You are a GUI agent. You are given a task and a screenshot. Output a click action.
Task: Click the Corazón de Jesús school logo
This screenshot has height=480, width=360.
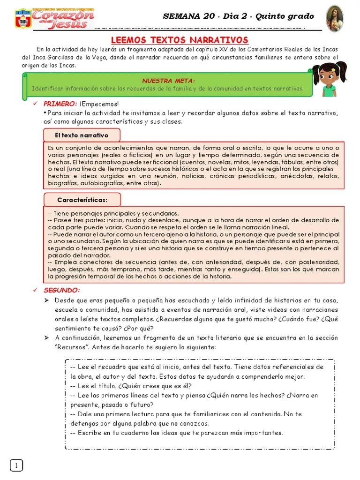point(54,19)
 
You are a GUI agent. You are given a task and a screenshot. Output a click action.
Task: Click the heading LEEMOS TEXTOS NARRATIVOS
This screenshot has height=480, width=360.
point(180,40)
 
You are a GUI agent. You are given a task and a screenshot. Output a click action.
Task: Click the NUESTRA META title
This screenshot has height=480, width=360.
point(168,81)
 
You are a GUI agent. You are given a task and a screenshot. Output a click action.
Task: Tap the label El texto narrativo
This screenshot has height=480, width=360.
point(82,135)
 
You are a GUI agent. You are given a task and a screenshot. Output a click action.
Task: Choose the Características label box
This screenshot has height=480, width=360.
point(82,200)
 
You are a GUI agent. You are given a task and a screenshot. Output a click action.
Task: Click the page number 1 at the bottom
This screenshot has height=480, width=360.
point(16,465)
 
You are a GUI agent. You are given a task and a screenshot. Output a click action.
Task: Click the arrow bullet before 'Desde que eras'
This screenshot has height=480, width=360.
point(47,300)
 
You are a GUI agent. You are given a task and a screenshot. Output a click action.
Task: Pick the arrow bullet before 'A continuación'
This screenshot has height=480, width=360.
point(47,338)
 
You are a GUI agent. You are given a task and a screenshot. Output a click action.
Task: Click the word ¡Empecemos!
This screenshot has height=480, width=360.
point(99,104)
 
